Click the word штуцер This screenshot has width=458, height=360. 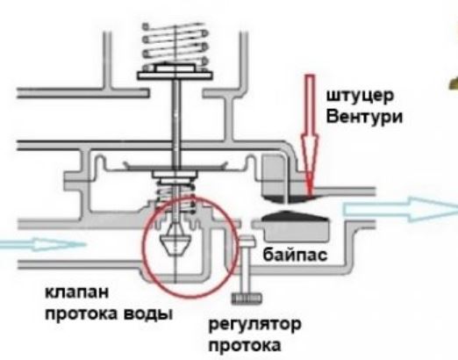coord(360,97)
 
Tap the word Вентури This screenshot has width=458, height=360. coord(364,117)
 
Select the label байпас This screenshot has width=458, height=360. coord(295,255)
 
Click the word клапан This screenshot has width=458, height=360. coord(77,292)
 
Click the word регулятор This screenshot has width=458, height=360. coord(254,325)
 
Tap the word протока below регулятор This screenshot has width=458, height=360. coord(245,345)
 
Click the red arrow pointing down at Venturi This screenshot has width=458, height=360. coord(310,134)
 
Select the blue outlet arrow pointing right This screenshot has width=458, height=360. coord(401,209)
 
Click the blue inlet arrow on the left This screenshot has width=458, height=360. coord(42,244)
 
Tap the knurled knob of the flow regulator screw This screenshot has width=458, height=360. coord(247,299)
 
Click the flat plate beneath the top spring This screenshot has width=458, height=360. coord(175,76)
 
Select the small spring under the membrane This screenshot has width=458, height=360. coord(175,196)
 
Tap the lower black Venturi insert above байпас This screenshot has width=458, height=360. coord(293,215)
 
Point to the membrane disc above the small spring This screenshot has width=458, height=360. coord(175,166)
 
